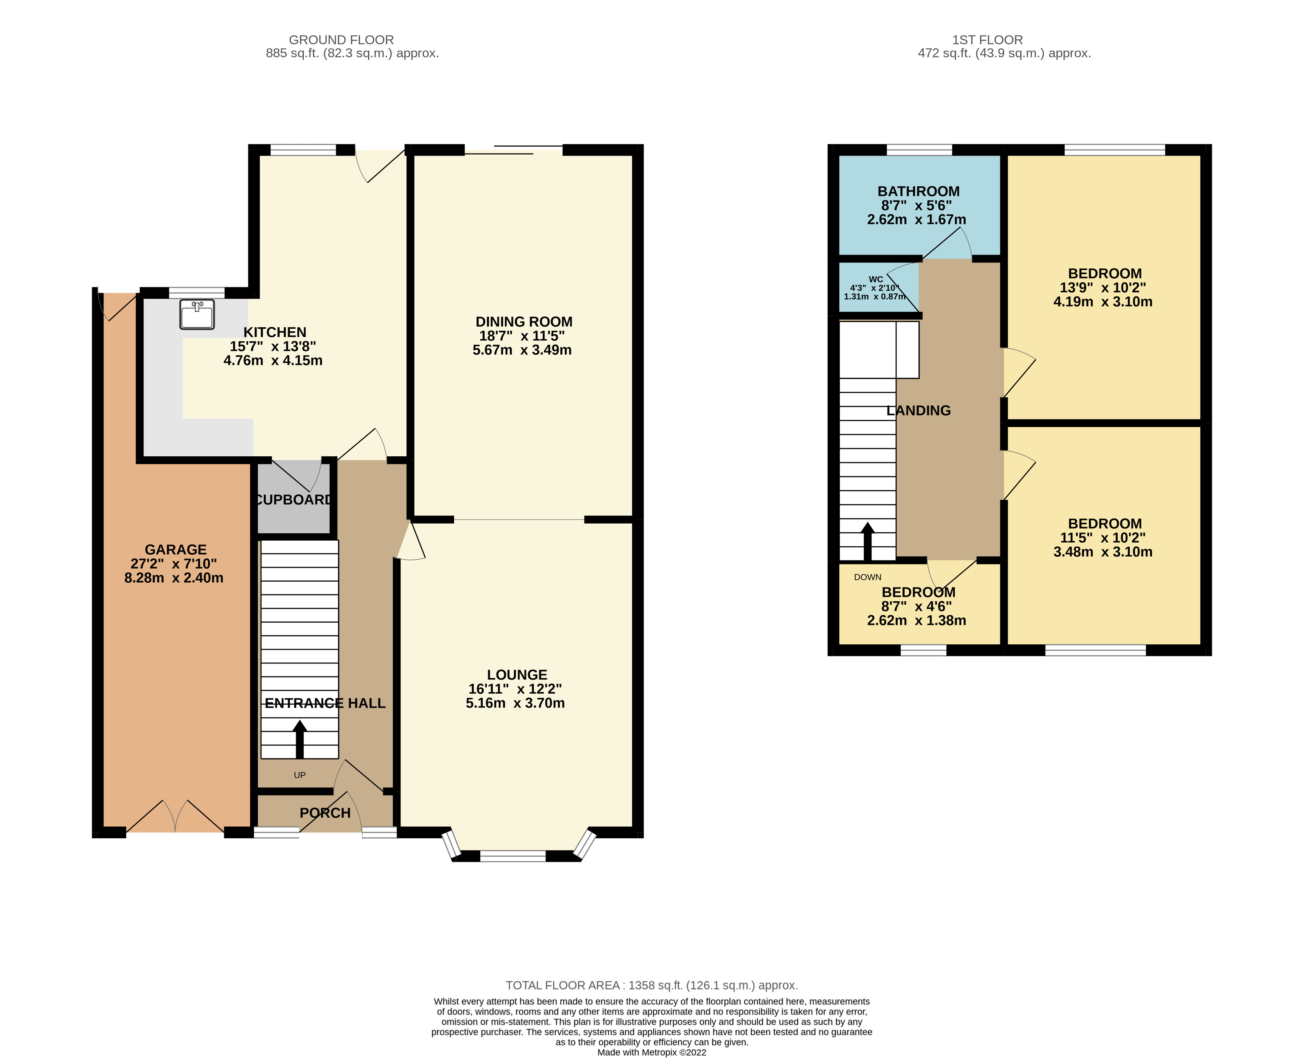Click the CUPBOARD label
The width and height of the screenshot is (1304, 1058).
point(294,500)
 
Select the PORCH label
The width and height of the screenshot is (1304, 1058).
point(325,813)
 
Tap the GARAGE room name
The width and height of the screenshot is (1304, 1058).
point(176,549)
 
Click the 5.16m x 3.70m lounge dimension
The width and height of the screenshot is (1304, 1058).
point(515,703)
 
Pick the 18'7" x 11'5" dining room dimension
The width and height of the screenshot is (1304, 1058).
point(522,336)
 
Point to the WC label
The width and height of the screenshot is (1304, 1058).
point(876,279)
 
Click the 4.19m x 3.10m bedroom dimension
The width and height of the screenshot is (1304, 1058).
point(1102,302)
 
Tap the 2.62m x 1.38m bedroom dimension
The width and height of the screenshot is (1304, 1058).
point(917,620)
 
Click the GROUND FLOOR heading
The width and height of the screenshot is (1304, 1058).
point(341,40)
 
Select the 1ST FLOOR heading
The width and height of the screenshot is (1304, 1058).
point(987,40)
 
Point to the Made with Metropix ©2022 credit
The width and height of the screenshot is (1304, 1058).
point(651,1052)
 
